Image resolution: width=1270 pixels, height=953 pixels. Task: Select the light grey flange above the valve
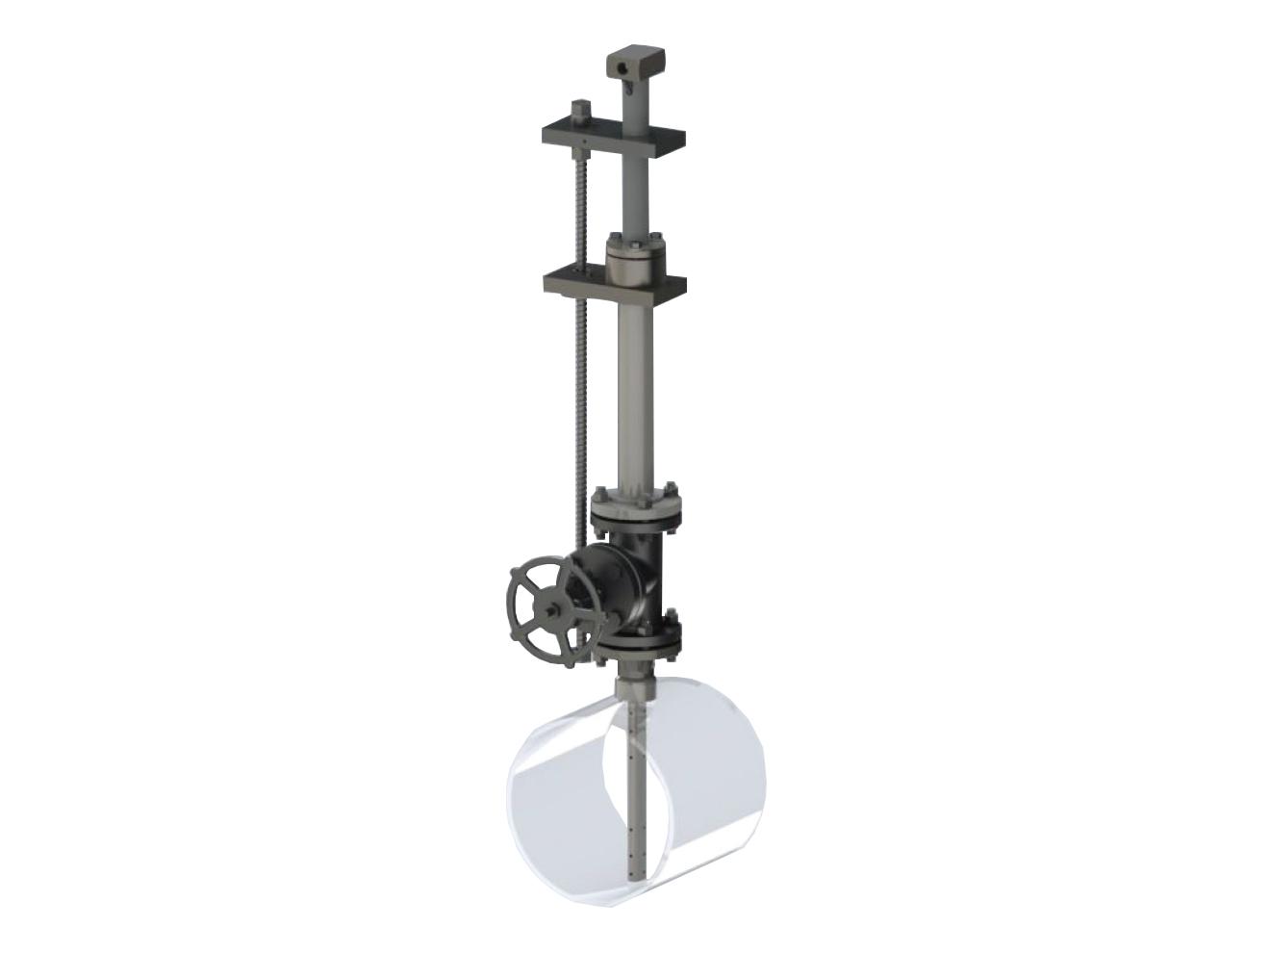click(638, 505)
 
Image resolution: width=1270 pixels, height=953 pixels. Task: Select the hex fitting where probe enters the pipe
click(636, 687)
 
